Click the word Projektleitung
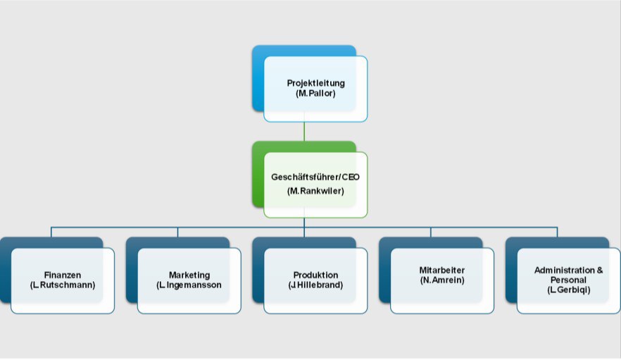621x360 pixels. pos(315,83)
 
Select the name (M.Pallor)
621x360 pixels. pos(315,93)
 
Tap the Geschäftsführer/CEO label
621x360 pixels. pos(315,178)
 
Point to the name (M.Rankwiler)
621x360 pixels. pos(315,191)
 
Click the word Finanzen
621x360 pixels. pos(62,275)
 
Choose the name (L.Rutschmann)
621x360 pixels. pos(62,285)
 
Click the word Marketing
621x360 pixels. pos(189,275)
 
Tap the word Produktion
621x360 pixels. pos(315,275)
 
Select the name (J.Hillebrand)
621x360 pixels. pos(315,285)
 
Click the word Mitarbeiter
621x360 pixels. pos(441,271)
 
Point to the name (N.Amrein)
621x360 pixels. pos(441,280)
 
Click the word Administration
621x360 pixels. pos(563,271)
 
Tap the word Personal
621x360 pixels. pos(568,280)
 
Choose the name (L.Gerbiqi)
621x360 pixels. pos(568,290)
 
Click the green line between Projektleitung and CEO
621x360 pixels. pos(304,132)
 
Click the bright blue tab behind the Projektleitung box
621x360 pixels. pos(258,77)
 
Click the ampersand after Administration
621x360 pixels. pos(599,271)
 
